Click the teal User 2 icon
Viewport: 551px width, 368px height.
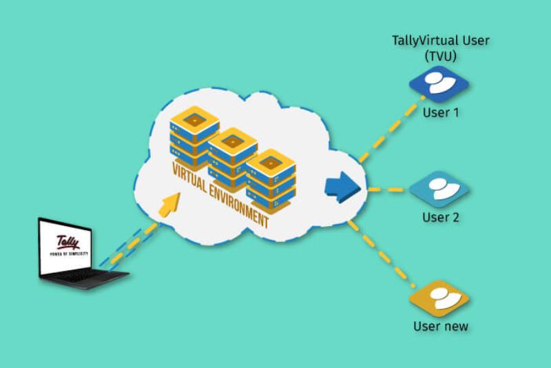tap(439, 190)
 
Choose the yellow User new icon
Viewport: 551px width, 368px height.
tap(439, 298)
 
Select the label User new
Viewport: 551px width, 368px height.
tap(440, 326)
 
